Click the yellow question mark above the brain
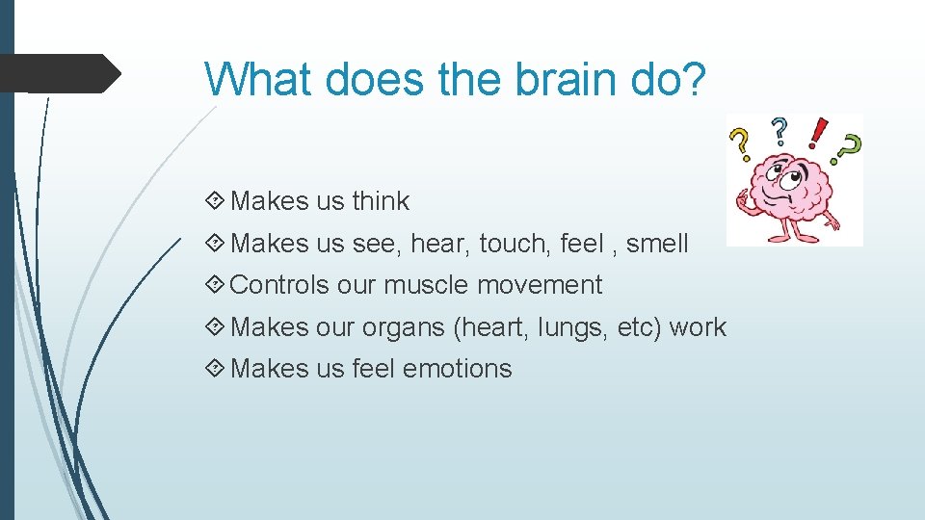[x=740, y=143]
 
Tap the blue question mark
[x=780, y=131]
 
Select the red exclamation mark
[x=817, y=133]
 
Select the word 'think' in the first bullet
[x=381, y=201]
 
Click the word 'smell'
[x=657, y=244]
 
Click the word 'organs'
[x=403, y=328]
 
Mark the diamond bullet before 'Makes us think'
[x=216, y=201]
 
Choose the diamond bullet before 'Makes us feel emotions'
[x=216, y=369]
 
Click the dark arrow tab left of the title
[x=58, y=73]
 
